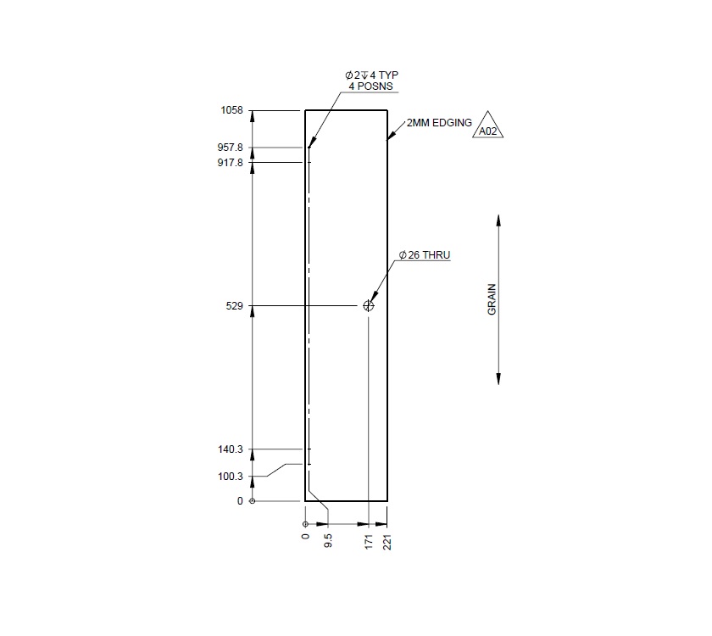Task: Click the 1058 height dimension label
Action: point(231,110)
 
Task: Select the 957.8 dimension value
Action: point(231,148)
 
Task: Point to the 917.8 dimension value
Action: point(231,162)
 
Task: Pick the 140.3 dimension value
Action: point(231,449)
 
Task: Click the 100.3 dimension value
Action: point(231,477)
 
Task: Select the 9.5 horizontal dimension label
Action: point(328,541)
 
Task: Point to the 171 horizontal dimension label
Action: point(369,543)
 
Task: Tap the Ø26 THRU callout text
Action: point(425,255)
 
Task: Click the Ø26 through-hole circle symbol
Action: point(368,306)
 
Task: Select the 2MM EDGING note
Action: point(439,123)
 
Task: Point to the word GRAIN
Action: point(492,299)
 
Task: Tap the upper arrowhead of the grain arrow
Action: point(498,220)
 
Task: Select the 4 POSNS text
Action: point(371,86)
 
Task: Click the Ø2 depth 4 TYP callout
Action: point(371,75)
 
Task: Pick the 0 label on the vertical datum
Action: point(240,501)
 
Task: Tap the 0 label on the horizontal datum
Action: point(305,536)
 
